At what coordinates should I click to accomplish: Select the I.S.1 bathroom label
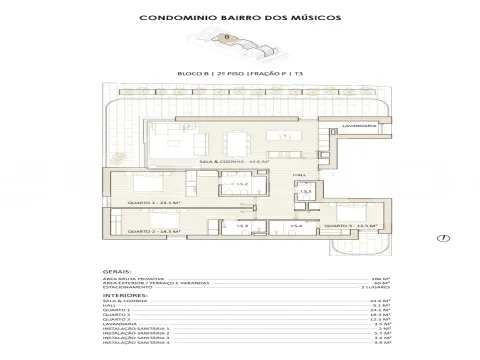(307, 191)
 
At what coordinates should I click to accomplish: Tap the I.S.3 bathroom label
(242, 227)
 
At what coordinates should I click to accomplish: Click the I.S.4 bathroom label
(296, 227)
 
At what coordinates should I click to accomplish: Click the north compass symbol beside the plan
(442, 237)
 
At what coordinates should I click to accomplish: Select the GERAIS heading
(114, 270)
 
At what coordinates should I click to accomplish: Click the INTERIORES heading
(125, 296)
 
